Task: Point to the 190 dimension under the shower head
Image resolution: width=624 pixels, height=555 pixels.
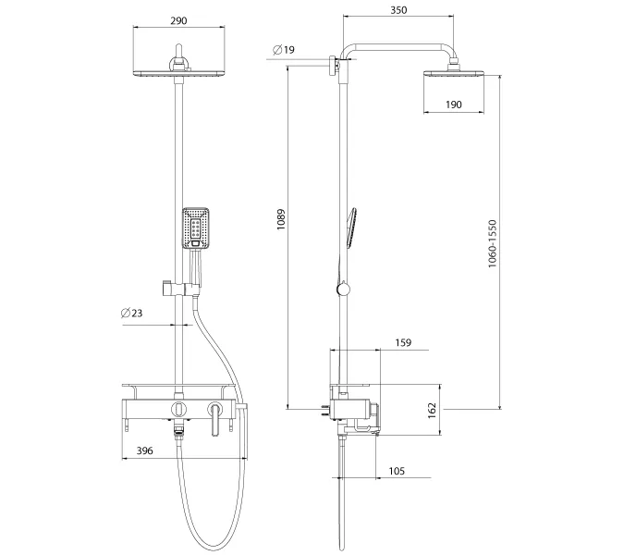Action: [x=453, y=105]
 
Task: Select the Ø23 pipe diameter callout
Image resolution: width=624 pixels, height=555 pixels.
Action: [x=131, y=313]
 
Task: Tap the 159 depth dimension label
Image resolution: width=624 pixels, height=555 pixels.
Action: [x=404, y=342]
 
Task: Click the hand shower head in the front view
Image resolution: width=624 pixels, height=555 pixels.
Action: [x=197, y=228]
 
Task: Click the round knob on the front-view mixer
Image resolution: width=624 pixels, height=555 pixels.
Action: [x=177, y=409]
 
